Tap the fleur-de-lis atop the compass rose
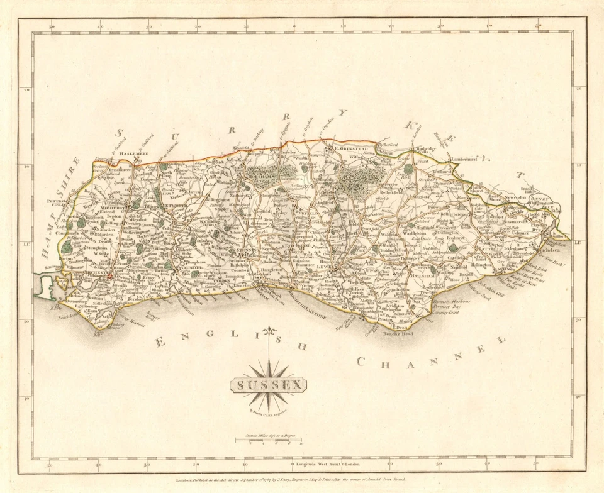269,332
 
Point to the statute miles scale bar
269,440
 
